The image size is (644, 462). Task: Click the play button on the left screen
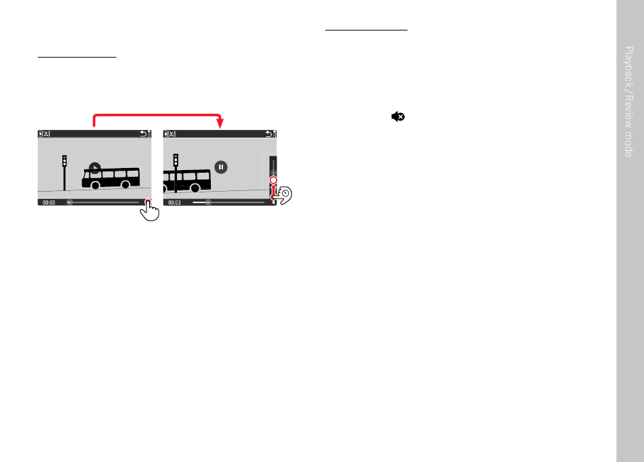point(95,167)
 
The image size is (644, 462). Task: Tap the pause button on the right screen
point(221,167)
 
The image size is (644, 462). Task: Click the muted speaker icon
point(398,117)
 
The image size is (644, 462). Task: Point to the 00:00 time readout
point(49,202)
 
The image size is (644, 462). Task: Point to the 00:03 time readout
point(175,202)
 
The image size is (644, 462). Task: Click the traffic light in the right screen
point(176,161)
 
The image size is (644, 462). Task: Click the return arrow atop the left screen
point(143,133)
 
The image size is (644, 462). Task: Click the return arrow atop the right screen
point(269,133)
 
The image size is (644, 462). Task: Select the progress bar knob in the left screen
point(69,202)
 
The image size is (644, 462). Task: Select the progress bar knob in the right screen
point(208,202)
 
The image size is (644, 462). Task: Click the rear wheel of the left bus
point(96,185)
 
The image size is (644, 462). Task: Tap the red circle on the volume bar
point(273,181)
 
